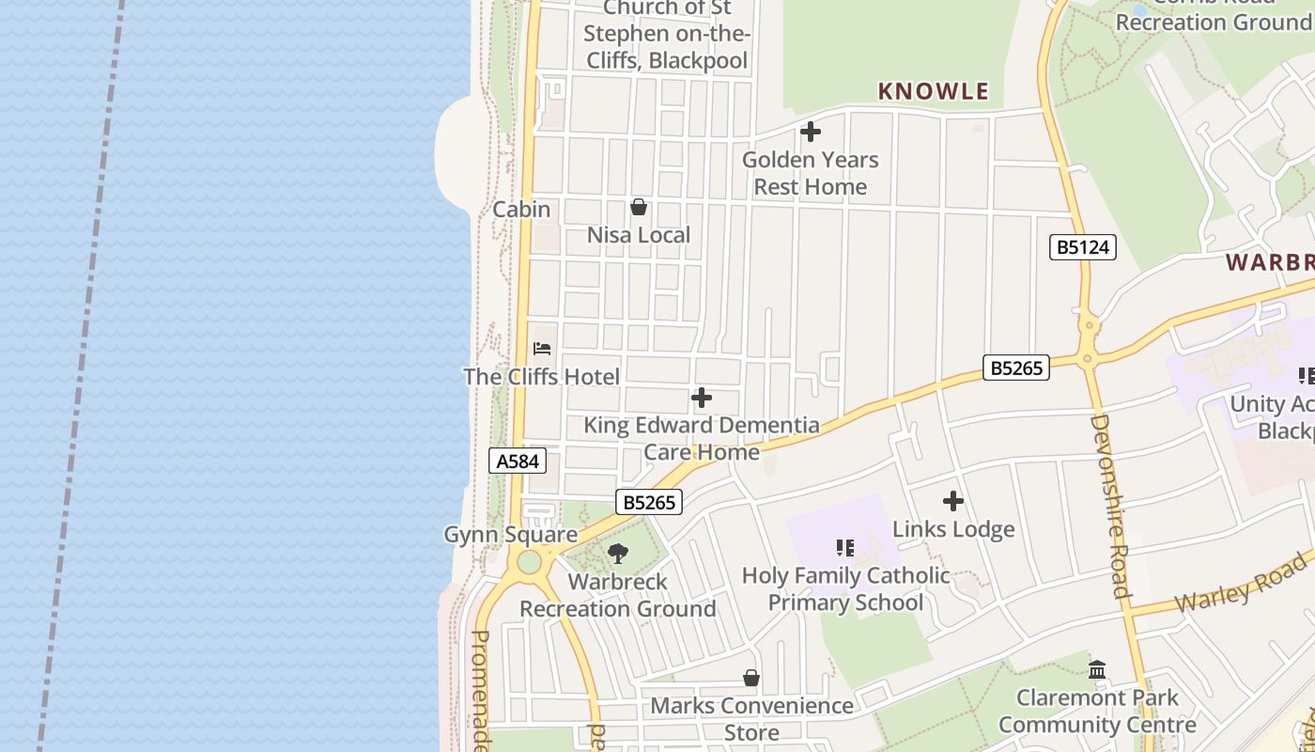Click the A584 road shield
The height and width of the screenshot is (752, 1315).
[x=518, y=461]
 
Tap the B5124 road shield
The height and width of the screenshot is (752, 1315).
[x=1083, y=247]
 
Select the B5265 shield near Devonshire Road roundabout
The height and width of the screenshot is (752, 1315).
[x=1016, y=368]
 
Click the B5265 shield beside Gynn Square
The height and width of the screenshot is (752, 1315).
[x=649, y=502]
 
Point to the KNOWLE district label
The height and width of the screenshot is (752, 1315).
[x=933, y=91]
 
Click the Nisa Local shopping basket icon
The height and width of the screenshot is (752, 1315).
[x=639, y=207]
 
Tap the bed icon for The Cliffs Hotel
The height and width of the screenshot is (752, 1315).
[x=542, y=349]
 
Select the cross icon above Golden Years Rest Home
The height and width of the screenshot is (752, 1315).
[x=810, y=133]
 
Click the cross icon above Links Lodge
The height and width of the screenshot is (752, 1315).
[x=953, y=501]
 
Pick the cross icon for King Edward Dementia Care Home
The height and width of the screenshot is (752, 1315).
[x=701, y=398]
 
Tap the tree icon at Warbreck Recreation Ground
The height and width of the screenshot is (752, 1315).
[x=618, y=554]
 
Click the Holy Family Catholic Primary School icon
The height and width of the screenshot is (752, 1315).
[x=845, y=547]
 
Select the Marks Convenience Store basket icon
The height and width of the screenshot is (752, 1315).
[x=751, y=678]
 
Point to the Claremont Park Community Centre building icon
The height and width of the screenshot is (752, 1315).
[x=1097, y=670]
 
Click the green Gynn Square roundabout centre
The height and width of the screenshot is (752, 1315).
[x=529, y=562]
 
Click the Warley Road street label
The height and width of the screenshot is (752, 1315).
[x=1240, y=584]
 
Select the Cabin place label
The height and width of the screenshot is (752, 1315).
[x=521, y=209]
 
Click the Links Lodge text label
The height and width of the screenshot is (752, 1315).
[x=953, y=529]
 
